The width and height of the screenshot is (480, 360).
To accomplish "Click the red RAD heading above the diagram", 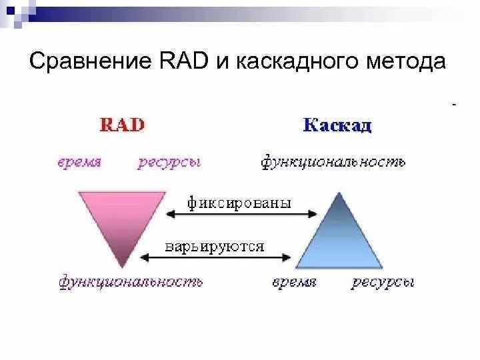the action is click(x=122, y=125).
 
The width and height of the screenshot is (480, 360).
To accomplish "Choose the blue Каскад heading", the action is click(x=337, y=125).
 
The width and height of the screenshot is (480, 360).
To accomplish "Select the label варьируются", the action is click(x=215, y=246).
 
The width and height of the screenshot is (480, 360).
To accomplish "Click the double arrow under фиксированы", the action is click(x=241, y=214).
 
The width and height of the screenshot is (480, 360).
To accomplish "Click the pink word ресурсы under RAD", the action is click(x=169, y=163).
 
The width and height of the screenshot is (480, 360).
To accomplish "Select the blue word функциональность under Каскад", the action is click(x=333, y=163).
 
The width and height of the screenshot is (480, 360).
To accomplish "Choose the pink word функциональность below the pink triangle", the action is click(x=131, y=282).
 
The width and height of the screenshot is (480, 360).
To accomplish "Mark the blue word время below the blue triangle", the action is click(x=294, y=282).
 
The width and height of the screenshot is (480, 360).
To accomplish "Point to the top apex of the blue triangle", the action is click(x=338, y=194).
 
